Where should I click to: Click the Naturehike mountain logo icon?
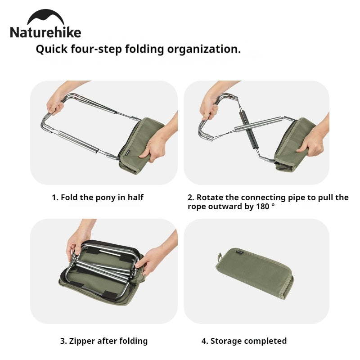tap(45, 18)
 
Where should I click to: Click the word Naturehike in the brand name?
tap(45, 33)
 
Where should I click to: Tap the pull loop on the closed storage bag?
tap(220, 258)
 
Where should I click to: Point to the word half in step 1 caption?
tap(135, 197)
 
